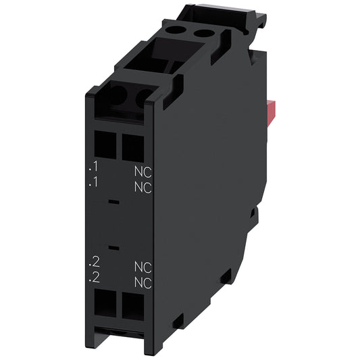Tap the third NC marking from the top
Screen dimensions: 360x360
(141, 266)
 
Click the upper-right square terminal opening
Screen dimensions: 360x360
(132, 144)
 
